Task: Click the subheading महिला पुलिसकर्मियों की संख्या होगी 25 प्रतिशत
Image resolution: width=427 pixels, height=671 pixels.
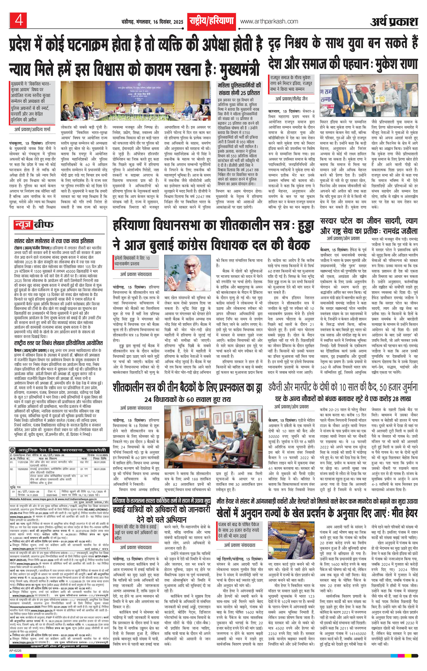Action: coord(239,89)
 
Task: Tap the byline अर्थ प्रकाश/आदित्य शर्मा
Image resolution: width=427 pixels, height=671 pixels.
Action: coord(33,130)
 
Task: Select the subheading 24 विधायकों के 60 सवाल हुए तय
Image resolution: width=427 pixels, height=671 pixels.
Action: coord(188,399)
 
